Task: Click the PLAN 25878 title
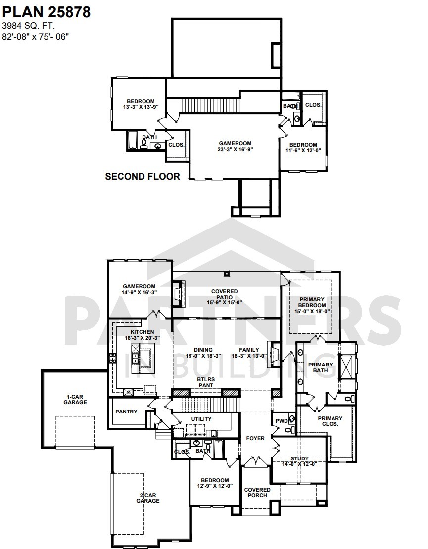[x=47, y=12]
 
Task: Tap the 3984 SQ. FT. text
[x=28, y=26]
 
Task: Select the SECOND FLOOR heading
[x=143, y=176]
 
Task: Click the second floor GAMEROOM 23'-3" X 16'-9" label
[x=235, y=146]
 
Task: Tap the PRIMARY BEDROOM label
[x=311, y=305]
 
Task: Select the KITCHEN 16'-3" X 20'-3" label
[x=142, y=335]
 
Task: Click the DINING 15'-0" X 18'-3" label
[x=203, y=352]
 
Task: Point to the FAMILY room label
[x=249, y=352]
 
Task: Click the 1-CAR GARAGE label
[x=75, y=399]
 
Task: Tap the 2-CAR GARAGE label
[x=148, y=498]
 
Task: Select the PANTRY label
[x=126, y=412]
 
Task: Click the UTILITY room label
[x=201, y=419]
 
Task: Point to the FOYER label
[x=255, y=438]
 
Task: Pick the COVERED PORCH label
[x=257, y=492]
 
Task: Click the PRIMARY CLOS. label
[x=330, y=421]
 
